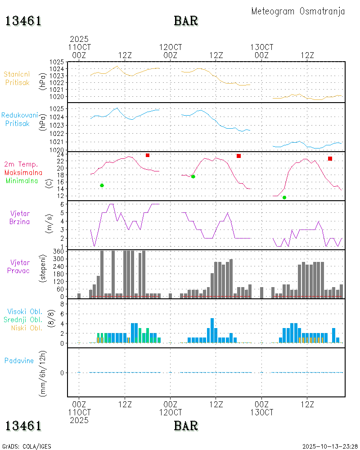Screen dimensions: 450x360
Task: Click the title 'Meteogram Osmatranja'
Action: click(298, 12)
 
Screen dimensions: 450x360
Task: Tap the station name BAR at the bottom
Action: click(186, 426)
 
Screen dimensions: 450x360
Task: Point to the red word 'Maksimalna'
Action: click(23, 172)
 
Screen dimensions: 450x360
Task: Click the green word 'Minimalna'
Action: click(22, 180)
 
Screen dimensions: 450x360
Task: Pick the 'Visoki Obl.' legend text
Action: click(25, 311)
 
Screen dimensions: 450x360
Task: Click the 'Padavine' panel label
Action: click(19, 360)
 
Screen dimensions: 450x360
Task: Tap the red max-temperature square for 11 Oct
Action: click(148, 155)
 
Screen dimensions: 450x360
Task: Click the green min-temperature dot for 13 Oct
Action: click(284, 198)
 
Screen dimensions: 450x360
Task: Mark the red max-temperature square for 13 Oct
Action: click(330, 158)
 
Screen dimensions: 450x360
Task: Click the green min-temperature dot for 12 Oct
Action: click(193, 176)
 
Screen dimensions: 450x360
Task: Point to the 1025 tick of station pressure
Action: click(56, 62)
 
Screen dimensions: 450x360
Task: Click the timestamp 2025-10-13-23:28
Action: click(330, 446)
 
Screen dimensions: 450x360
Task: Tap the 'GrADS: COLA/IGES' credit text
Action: click(27, 446)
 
